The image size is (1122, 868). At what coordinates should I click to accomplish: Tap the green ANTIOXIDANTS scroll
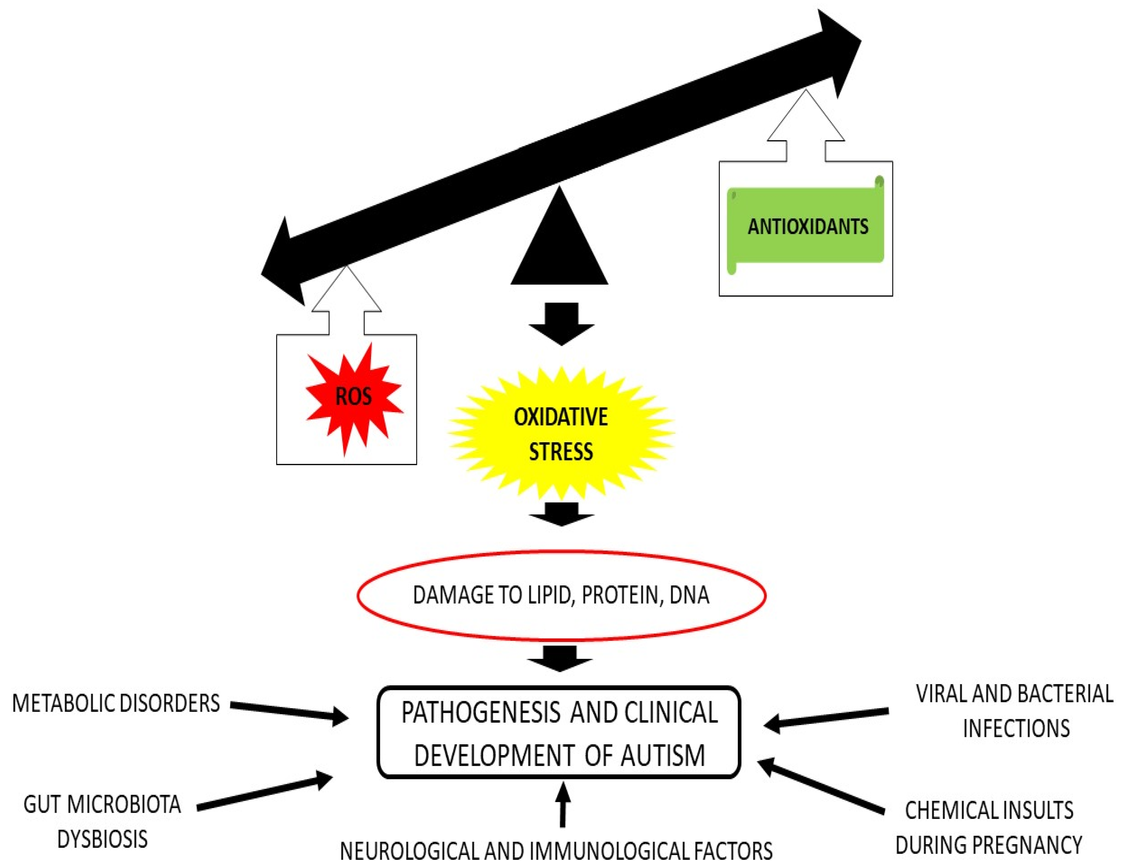pos(807,226)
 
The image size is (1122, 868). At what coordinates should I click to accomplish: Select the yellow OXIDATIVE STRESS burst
pos(561,433)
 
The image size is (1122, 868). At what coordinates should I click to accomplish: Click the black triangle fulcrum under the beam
pos(560,247)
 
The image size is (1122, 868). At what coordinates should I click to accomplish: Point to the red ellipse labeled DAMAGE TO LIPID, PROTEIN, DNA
pos(561,595)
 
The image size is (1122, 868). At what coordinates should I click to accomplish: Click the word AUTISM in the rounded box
pos(663,756)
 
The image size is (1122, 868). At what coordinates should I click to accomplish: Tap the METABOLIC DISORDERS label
pos(116,703)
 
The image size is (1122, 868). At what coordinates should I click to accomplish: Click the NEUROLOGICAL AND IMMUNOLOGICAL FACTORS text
pos(556,851)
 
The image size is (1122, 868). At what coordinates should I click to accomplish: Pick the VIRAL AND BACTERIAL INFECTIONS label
pos(1015,711)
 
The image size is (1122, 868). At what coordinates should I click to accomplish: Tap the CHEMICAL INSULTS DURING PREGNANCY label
pos(989,827)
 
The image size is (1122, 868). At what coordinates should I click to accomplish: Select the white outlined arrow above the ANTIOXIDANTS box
pos(806,126)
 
